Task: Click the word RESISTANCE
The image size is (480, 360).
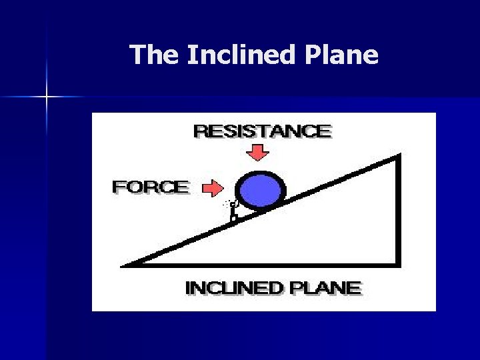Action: tap(262, 131)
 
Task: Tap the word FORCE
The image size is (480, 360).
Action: tap(151, 187)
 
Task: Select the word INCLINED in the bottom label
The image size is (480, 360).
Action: tap(234, 288)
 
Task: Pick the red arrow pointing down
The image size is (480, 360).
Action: tap(257, 153)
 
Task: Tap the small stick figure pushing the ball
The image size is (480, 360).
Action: tap(233, 211)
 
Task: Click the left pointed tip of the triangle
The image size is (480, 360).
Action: tap(125, 265)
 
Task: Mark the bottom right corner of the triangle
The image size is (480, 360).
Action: tap(399, 263)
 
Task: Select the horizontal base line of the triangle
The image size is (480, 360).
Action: tap(267, 263)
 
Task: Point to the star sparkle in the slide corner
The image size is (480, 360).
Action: tap(47, 97)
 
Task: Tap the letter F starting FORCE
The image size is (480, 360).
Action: tap(118, 187)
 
